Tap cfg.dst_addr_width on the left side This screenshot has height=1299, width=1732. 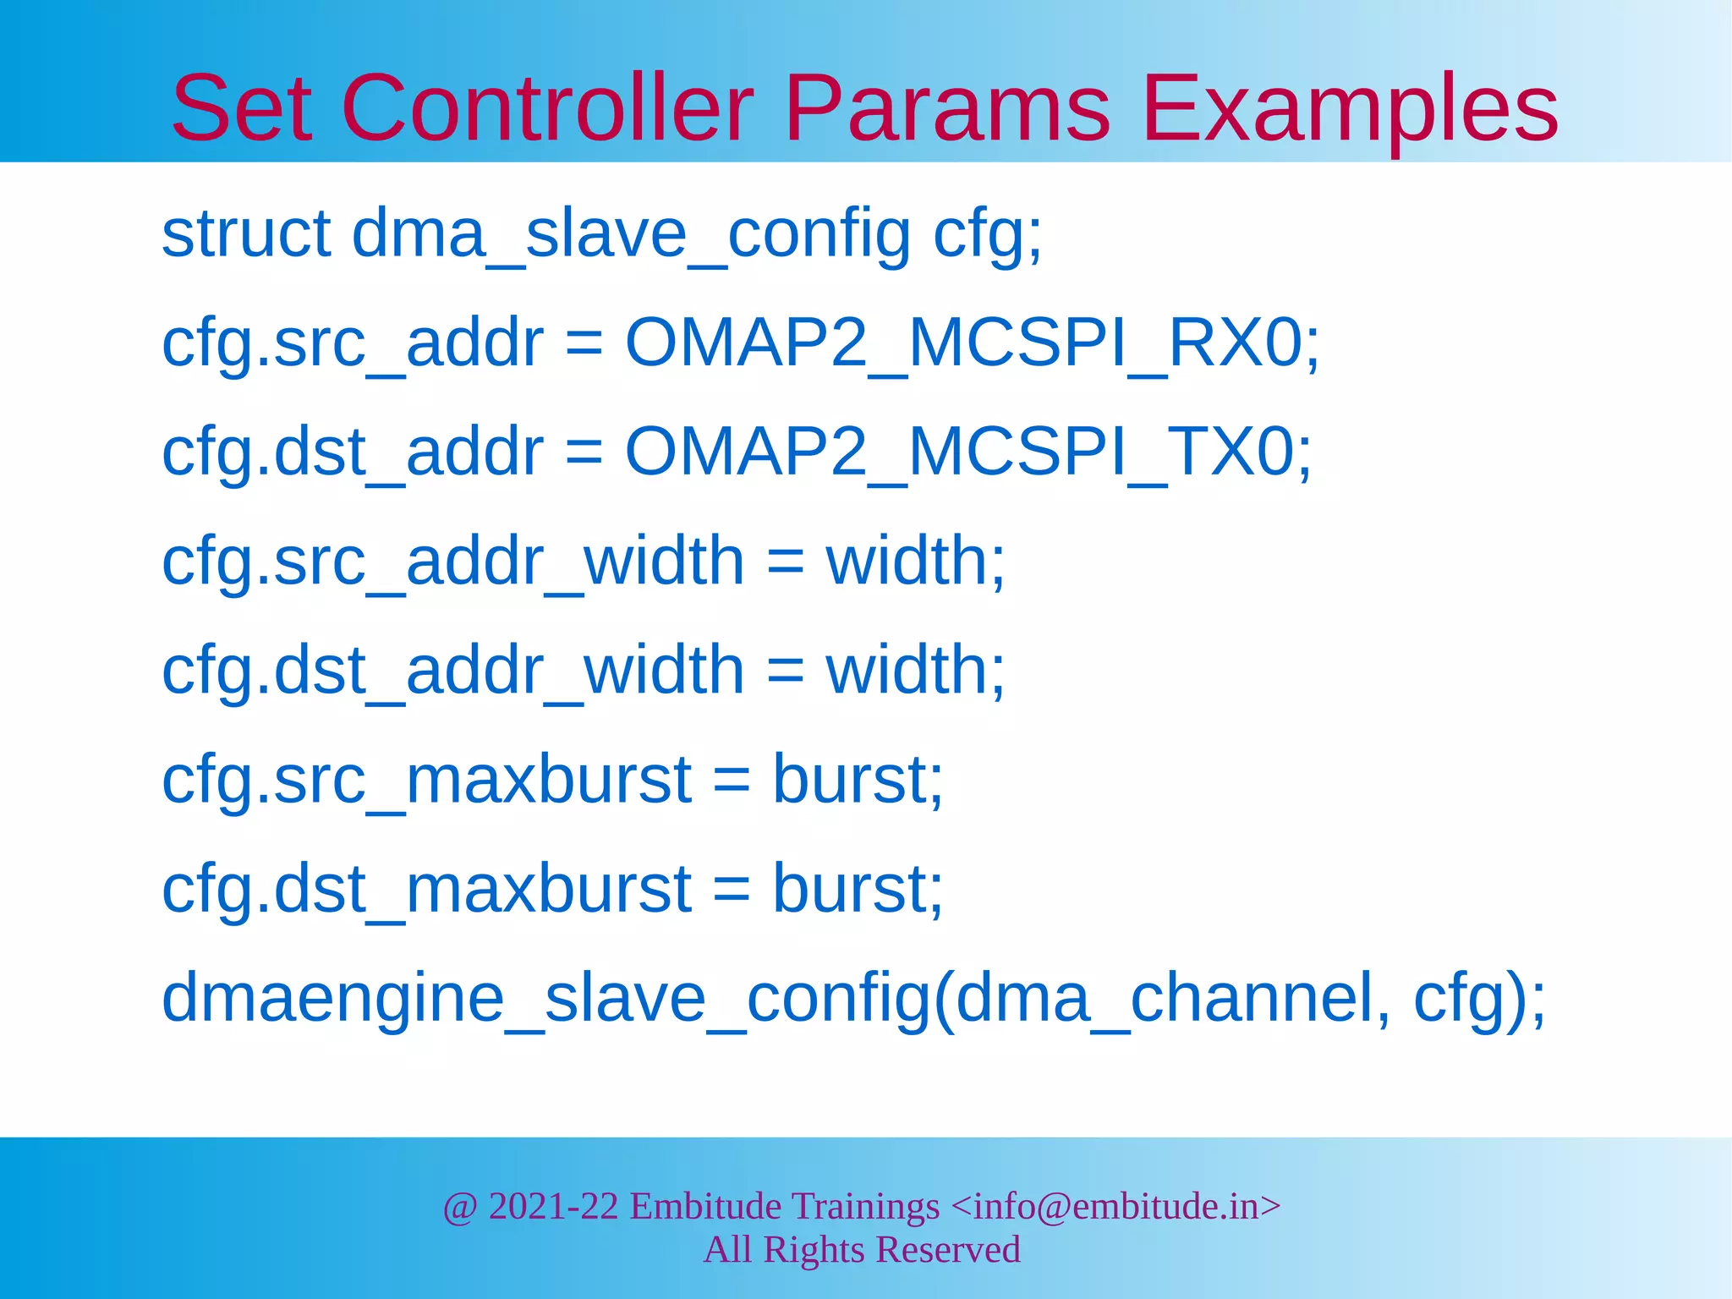point(452,670)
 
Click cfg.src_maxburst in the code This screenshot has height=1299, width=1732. point(426,779)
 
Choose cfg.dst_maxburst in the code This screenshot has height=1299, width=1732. point(426,889)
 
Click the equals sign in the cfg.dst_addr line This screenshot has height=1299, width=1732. point(584,453)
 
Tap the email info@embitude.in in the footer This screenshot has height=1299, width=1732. point(1115,1206)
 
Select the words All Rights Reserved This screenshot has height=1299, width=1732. point(862,1250)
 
